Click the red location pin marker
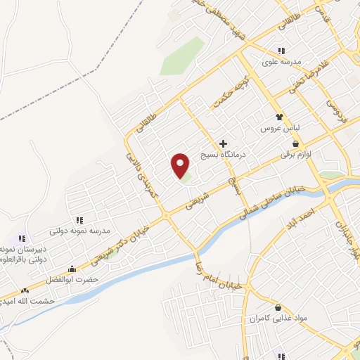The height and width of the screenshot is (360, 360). coord(181,165)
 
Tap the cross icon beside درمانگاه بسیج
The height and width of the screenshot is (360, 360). coord(224,143)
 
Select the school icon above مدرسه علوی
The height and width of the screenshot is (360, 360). coord(281,51)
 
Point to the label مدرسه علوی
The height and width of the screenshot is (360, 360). coord(282,61)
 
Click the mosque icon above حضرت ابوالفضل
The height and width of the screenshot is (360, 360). coord(72,269)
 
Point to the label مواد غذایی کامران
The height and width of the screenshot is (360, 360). coord(278,319)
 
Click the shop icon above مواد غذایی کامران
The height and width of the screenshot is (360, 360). coord(278,308)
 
